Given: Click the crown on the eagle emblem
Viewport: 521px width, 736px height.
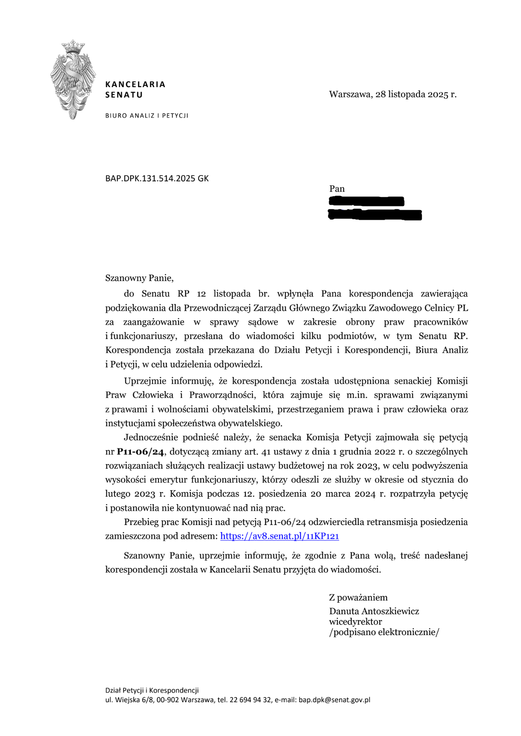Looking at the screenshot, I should click(x=73, y=46).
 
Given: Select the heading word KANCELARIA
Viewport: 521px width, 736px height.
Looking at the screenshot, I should click(x=135, y=84).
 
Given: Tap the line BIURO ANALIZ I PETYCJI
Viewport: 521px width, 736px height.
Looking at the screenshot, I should click(x=146, y=116).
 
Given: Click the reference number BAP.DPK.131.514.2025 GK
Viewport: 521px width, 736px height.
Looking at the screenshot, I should click(x=157, y=178).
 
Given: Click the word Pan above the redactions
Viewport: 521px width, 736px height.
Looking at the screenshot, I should click(x=337, y=189).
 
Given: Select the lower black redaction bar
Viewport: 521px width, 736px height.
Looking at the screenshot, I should click(x=375, y=215).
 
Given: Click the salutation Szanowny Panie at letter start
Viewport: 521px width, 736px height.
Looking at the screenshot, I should click(x=139, y=278).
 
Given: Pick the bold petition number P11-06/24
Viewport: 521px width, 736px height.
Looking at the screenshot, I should click(x=140, y=452).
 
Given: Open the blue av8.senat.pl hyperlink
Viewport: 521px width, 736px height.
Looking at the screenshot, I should click(x=279, y=536).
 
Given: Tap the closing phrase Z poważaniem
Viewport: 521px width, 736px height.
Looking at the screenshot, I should click(x=358, y=598).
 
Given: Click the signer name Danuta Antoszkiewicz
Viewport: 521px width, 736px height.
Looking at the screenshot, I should click(x=374, y=611).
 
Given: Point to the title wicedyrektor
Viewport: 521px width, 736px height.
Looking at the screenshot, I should click(x=355, y=622).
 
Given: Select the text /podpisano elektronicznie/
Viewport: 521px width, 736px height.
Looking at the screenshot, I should click(x=384, y=632).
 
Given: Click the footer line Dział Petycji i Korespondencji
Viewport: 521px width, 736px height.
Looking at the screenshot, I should click(x=152, y=691).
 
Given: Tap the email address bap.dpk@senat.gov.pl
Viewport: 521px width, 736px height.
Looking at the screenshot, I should click(x=334, y=700).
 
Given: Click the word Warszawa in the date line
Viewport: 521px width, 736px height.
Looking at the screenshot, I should click(x=350, y=94).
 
